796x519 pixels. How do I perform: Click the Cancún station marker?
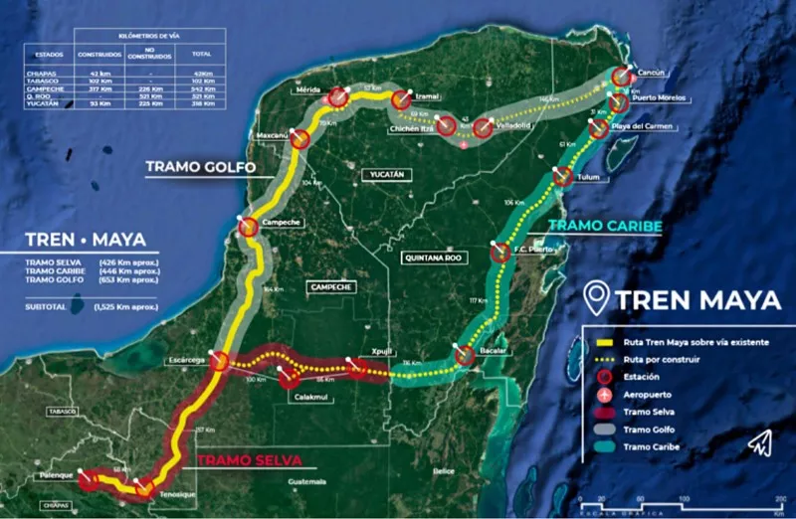pos(622,77)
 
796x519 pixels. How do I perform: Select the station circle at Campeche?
pos(248,228)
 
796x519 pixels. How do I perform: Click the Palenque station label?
pos(56,475)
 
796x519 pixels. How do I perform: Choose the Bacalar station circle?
pos(465,356)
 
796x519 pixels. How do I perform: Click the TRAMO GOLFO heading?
pos(200,166)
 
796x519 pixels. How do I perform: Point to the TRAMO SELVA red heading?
pos(249,459)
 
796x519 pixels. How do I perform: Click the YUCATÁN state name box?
pos(384,175)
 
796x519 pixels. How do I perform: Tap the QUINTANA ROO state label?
pos(433,258)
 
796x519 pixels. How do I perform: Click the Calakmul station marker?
pos(290,379)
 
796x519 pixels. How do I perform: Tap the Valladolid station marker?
pos(483,127)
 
